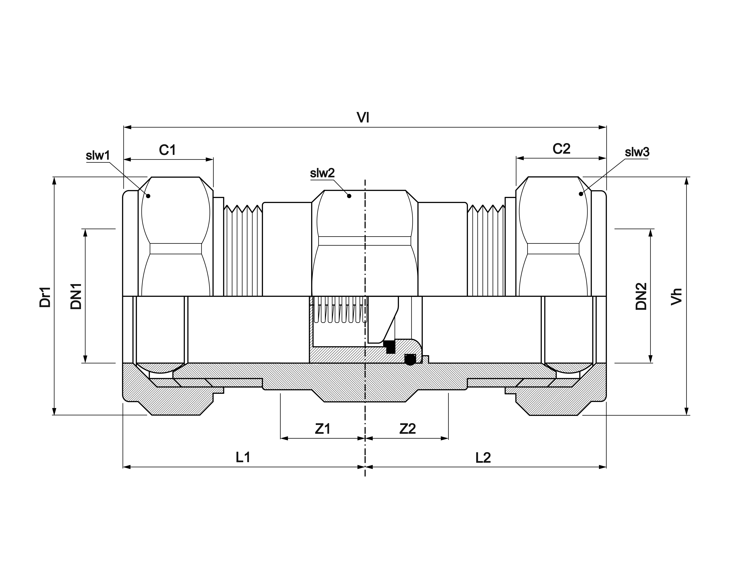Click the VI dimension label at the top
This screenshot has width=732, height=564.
pyautogui.click(x=363, y=118)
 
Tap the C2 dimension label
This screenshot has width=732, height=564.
pyautogui.click(x=561, y=149)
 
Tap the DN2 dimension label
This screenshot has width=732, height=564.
pyautogui.click(x=641, y=296)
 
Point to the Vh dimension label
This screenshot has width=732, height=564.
pyautogui.click(x=676, y=296)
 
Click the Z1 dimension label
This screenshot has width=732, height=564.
pyautogui.click(x=322, y=429)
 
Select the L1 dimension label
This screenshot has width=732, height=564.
pyautogui.click(x=243, y=457)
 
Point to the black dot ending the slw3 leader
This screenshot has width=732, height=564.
pyautogui.click(x=581, y=194)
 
